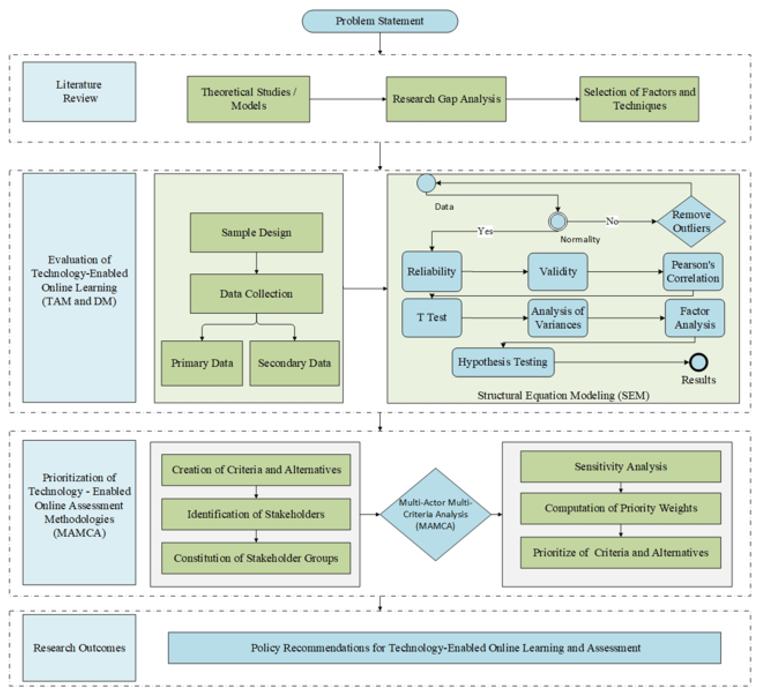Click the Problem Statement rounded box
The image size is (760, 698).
tap(380, 21)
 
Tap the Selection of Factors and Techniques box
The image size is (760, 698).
tap(639, 99)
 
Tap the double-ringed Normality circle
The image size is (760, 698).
tap(557, 221)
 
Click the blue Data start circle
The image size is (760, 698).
tap(426, 183)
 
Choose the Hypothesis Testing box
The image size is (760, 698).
tap(503, 362)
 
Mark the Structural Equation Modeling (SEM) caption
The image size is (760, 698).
tap(563, 395)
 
